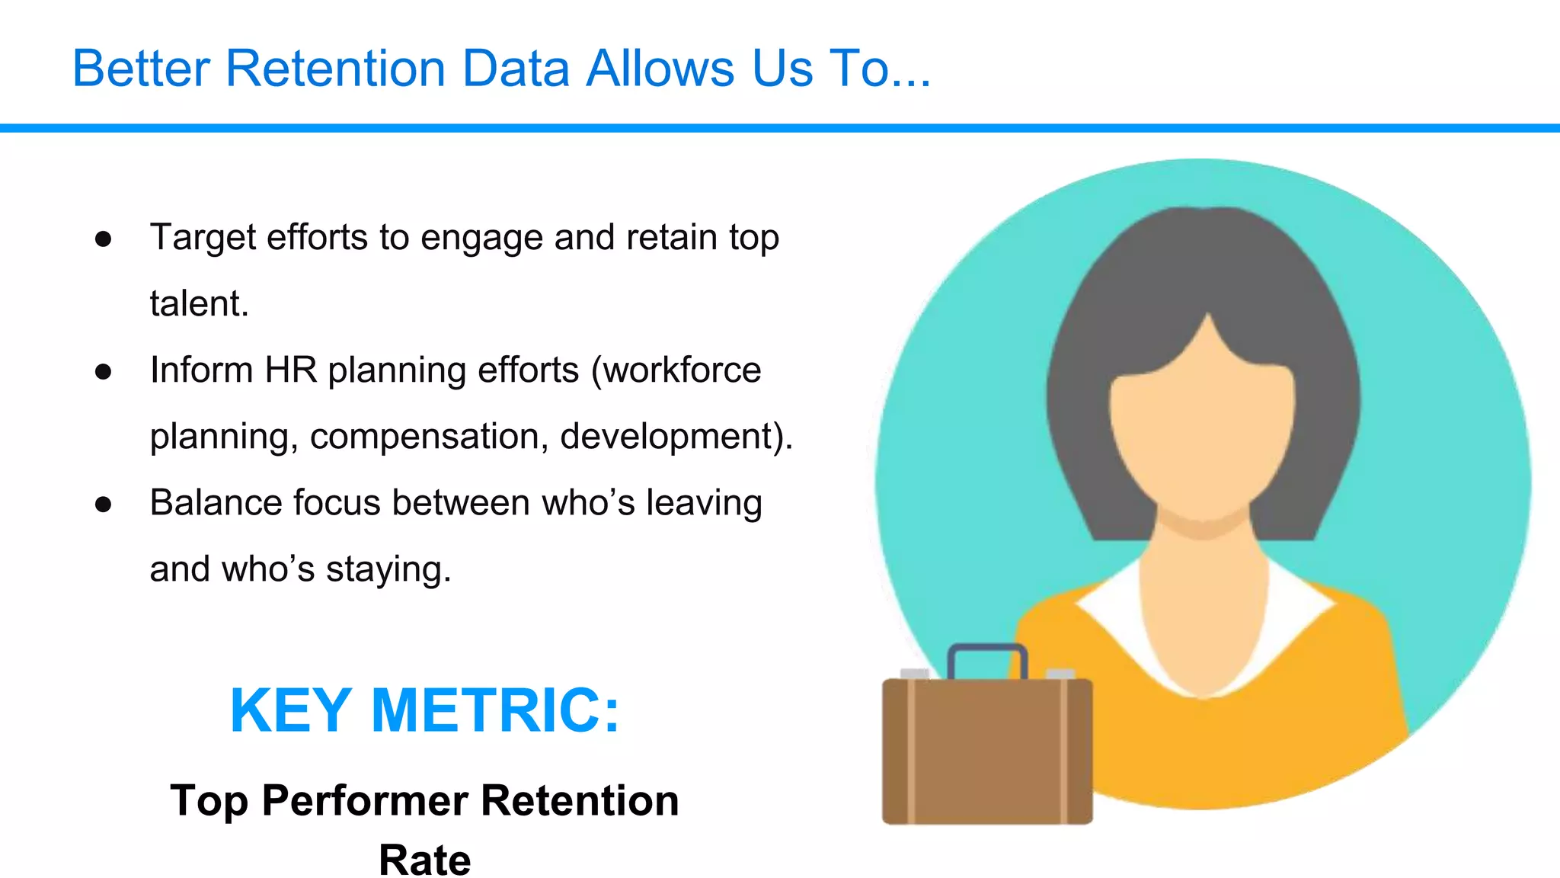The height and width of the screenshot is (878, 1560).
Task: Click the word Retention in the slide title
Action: click(335, 69)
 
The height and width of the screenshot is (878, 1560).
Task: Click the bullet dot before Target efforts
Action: click(104, 239)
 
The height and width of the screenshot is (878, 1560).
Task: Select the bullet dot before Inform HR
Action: click(104, 372)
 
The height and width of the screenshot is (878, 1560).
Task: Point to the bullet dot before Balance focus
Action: click(104, 505)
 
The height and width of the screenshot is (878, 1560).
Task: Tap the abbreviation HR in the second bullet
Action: click(290, 370)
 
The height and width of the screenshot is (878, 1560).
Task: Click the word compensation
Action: click(429, 437)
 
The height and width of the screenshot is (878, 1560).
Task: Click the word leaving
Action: click(704, 503)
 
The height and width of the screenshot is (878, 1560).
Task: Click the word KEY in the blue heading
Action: click(290, 710)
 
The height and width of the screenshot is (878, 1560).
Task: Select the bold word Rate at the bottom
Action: click(424, 860)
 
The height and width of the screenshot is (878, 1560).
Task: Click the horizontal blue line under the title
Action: click(780, 128)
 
